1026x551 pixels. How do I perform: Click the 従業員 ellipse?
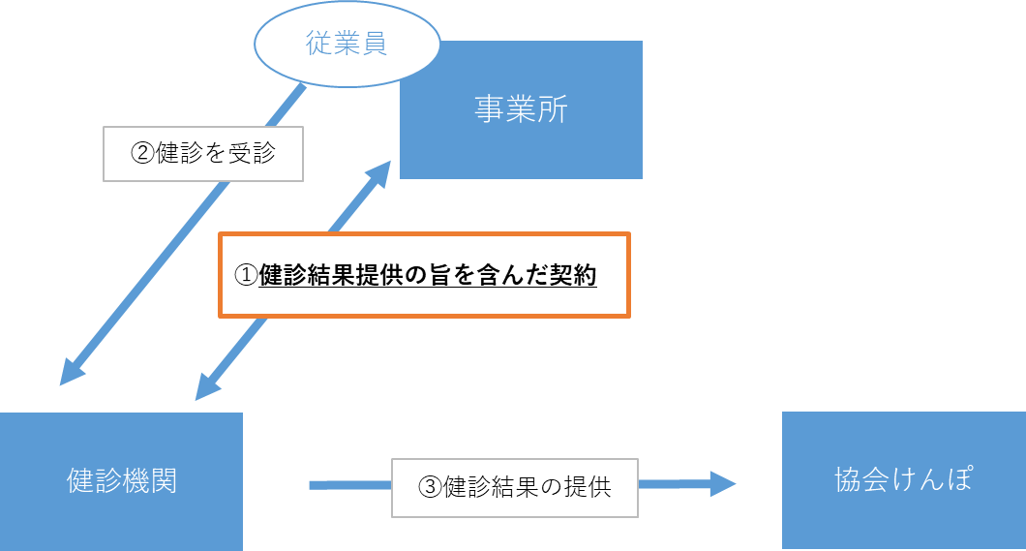pyautogui.click(x=347, y=46)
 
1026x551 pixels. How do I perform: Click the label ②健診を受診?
pyautogui.click(x=203, y=154)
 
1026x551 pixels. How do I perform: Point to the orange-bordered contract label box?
pyautogui.click(x=425, y=275)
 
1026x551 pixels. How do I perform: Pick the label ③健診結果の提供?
pyautogui.click(x=515, y=486)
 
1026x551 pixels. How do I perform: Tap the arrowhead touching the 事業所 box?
pyautogui.click(x=378, y=172)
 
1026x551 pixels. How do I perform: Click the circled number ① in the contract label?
pyautogui.click(x=247, y=276)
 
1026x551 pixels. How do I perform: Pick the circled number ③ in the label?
pyautogui.click(x=430, y=487)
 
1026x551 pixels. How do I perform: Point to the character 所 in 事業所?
pyautogui.click(x=553, y=109)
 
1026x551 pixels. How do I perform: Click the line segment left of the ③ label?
pyautogui.click(x=349, y=484)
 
